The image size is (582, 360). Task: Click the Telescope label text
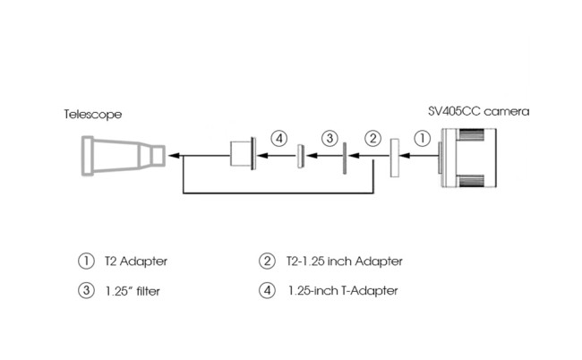click(92, 115)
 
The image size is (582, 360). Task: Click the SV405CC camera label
click(479, 112)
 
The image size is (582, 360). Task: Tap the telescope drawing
click(121, 155)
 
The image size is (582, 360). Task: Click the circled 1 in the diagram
click(421, 139)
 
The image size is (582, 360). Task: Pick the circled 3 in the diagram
click(330, 139)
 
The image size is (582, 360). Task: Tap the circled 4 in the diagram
click(280, 139)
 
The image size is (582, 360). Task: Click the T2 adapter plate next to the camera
click(395, 158)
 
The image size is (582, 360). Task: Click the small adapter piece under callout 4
click(300, 156)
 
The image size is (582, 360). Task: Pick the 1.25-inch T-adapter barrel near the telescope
click(243, 153)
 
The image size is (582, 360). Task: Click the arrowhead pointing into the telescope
click(174, 155)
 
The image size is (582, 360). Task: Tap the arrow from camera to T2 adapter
click(416, 156)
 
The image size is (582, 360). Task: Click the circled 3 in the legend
click(86, 290)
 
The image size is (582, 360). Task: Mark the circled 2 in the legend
click(266, 261)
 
